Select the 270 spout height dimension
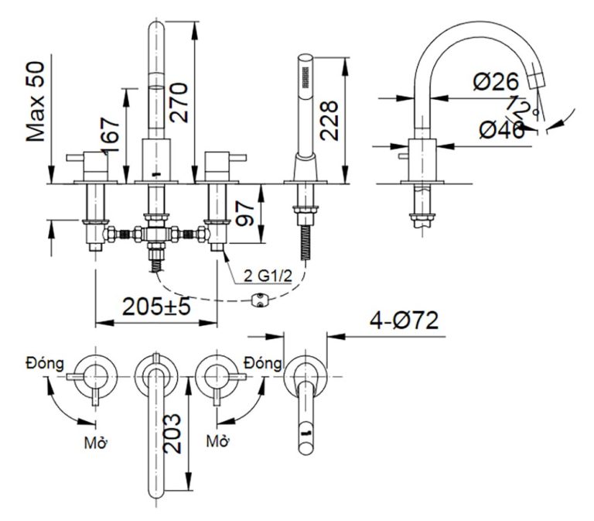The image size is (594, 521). pos(179,101)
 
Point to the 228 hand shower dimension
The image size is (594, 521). pos(331,119)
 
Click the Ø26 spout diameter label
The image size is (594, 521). pos(497,81)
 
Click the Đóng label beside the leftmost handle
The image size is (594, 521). pos(44,362)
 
